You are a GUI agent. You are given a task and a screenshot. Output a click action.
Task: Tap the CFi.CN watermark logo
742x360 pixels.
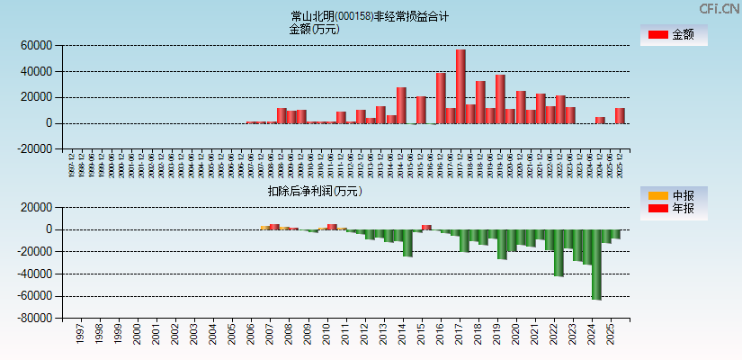click(x=720, y=9)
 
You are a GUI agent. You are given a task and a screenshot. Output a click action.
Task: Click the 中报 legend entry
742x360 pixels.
click(x=673, y=195)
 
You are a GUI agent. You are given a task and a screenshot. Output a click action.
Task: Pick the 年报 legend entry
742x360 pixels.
click(x=673, y=209)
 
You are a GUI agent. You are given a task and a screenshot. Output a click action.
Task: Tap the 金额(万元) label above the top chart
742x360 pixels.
click(x=314, y=29)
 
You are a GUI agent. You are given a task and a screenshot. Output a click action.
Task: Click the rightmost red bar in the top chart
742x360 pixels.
click(x=620, y=115)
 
